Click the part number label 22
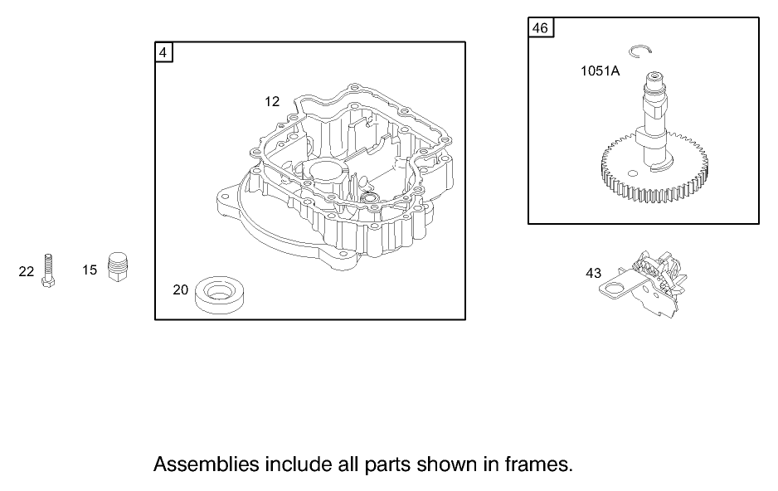pyautogui.click(x=27, y=271)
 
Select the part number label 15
pyautogui.click(x=90, y=270)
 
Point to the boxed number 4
pyautogui.click(x=163, y=52)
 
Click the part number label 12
pyautogui.click(x=272, y=101)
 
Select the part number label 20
pyautogui.click(x=180, y=289)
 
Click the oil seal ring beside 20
pyautogui.click(x=221, y=294)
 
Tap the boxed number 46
pyautogui.click(x=540, y=28)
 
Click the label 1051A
pyautogui.click(x=600, y=71)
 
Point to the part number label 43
pyautogui.click(x=593, y=273)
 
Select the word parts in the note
pyautogui.click(x=393, y=464)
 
